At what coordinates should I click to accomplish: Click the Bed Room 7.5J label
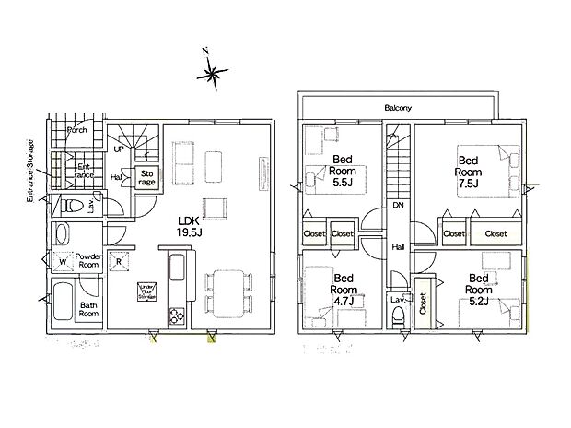[469, 166]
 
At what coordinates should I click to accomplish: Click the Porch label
[77, 131]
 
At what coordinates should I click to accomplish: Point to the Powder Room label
[87, 260]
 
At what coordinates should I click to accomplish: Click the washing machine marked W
[63, 262]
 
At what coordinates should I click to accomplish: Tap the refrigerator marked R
[120, 261]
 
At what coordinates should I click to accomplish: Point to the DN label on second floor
[399, 205]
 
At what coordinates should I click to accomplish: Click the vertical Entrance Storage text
[30, 171]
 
